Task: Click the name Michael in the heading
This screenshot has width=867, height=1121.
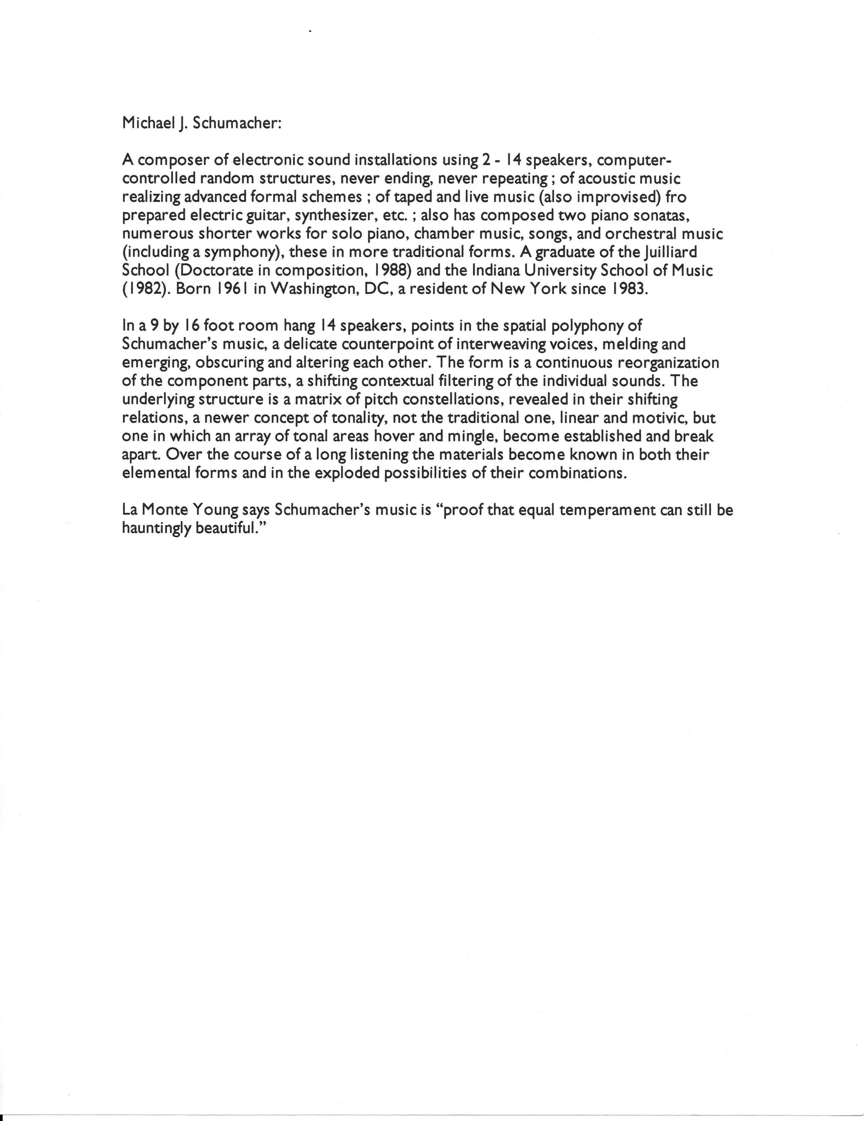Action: point(146,124)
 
